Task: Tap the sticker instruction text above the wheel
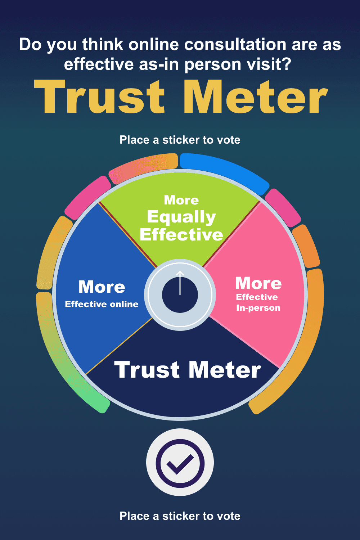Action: pos(180,140)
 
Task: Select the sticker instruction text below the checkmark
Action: pos(180,516)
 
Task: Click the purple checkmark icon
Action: pos(180,463)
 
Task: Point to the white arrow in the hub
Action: pos(180,283)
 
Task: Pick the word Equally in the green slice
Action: pos(181,217)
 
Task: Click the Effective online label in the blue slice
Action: pos(102,305)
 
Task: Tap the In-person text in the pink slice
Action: pos(258,308)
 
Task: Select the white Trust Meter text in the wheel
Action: pos(188,370)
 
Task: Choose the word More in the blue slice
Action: pos(102,287)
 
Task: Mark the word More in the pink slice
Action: pos(258,284)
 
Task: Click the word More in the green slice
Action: pos(181,200)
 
